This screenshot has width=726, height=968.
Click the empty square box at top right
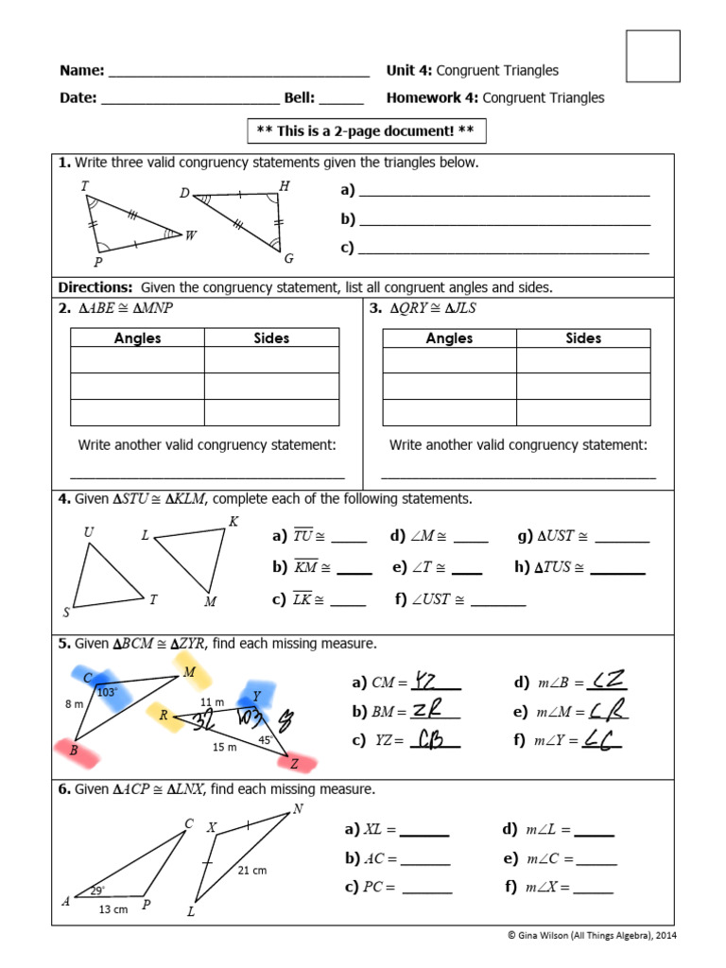pos(652,56)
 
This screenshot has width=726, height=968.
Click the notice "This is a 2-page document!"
pos(367,130)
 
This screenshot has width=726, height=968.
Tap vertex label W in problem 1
pos(191,235)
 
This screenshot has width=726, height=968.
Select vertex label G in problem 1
pos(288,259)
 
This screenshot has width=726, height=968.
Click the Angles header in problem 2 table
pos(137,338)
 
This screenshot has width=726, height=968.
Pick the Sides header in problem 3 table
pos(583,338)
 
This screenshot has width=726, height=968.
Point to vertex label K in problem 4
pos(233,522)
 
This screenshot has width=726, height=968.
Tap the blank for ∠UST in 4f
pos(497,600)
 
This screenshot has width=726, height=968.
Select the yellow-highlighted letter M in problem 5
pos(190,672)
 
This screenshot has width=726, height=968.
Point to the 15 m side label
pos(224,747)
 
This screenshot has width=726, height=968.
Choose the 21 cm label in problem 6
pos(252,871)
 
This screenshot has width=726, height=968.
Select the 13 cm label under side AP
pos(113,909)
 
